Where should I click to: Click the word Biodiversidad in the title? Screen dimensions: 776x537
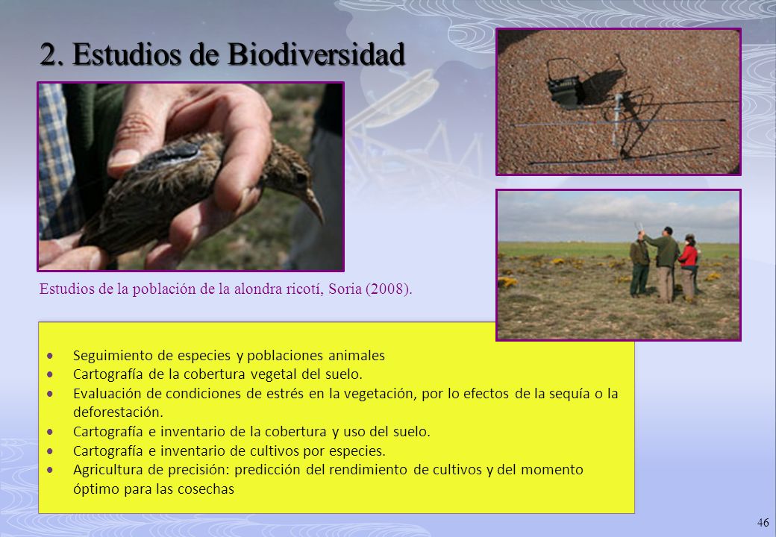(316, 54)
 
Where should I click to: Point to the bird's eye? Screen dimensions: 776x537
(301, 177)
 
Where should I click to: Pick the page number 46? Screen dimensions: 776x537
(763, 523)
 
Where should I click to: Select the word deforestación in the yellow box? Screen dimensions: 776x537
(118, 412)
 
